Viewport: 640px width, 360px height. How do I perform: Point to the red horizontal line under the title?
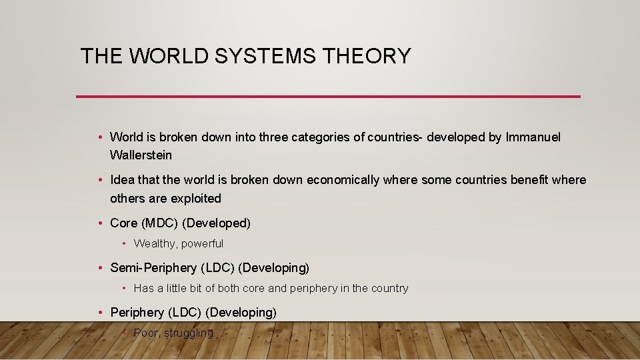328,97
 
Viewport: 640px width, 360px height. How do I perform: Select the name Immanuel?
533,137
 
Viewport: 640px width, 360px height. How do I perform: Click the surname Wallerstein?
141,155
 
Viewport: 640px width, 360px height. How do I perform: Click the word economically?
343,180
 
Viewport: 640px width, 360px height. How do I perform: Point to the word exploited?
195,198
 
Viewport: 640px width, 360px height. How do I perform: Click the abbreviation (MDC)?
160,223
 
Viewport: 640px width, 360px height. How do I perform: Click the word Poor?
147,332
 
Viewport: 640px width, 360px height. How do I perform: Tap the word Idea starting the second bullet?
121,180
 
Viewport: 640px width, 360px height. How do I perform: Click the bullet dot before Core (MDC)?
99,223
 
